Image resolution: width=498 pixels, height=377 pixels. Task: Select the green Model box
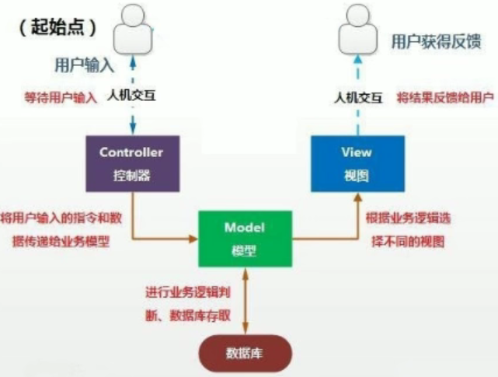pos(246,239)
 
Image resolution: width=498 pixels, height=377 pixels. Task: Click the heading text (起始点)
pos(58,27)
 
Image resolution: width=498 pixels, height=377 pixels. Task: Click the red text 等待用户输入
pos(61,98)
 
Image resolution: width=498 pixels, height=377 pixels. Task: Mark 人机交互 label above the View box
pos(358,98)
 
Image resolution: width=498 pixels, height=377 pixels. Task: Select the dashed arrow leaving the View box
pos(357,120)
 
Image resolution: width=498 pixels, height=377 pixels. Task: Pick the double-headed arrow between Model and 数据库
pos(246,300)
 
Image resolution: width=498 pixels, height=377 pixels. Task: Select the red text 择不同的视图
pos(406,241)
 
